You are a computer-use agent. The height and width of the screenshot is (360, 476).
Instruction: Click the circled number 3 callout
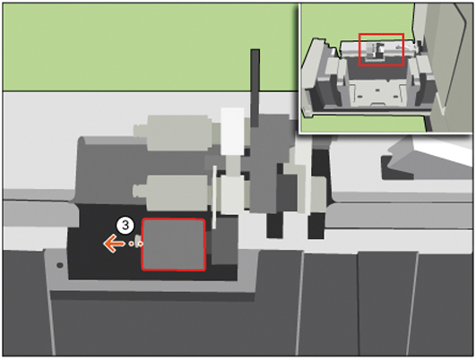125,226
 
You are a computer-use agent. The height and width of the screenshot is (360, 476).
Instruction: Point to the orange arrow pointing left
114,244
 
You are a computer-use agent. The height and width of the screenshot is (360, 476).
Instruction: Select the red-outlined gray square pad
173,244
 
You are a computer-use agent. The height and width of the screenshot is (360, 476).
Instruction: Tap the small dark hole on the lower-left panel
60,265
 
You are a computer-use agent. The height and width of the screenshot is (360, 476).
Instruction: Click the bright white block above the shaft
232,131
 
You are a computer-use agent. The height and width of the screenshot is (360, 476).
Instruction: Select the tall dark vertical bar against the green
255,88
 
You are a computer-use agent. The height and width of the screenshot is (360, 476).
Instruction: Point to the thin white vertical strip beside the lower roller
214,197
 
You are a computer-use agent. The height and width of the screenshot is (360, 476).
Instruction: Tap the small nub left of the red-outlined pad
138,240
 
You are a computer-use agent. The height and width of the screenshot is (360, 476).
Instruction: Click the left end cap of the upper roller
141,131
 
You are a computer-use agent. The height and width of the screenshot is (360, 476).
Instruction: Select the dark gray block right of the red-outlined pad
225,241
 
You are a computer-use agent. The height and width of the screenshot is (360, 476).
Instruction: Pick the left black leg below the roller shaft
274,225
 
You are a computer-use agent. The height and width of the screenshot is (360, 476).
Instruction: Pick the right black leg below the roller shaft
316,225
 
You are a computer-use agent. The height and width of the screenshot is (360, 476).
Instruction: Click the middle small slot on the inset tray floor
377,90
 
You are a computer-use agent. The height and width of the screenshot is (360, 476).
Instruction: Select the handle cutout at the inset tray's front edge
376,104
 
